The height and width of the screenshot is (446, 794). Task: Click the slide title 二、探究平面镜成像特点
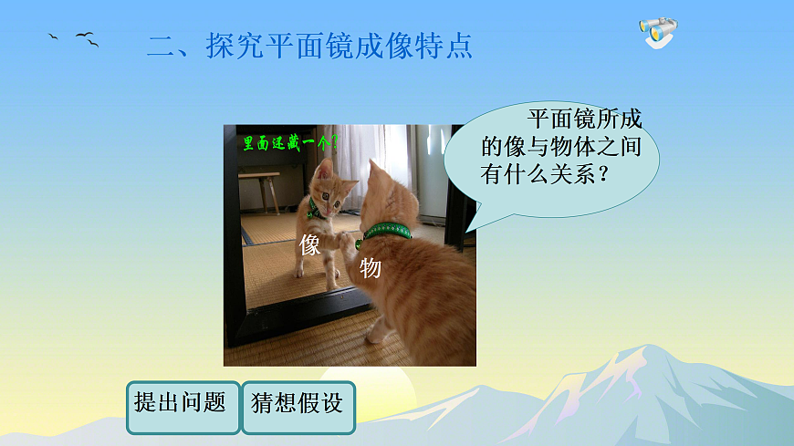[310, 47]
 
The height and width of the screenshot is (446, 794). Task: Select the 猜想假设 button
[298, 404]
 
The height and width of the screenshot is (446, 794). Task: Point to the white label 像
[310, 244]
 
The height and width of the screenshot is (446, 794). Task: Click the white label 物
[370, 268]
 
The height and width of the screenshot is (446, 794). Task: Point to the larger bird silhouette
[87, 38]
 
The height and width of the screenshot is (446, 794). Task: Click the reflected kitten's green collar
[316, 208]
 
